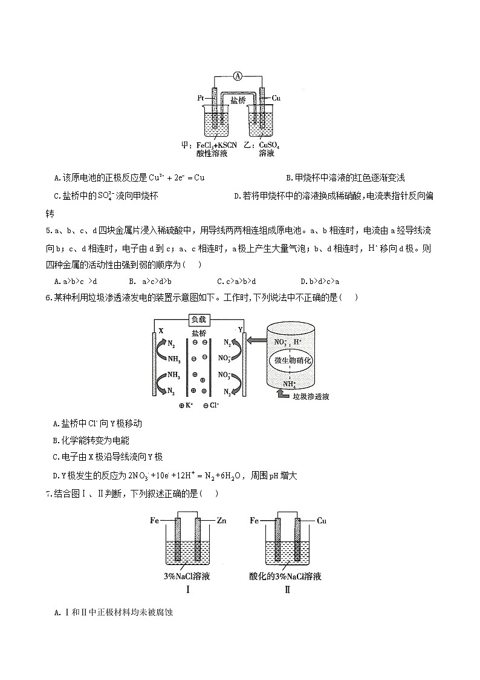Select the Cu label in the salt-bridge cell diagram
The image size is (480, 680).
coord(276,97)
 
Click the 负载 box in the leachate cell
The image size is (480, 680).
coord(201,319)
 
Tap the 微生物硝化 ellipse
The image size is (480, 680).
coord(291,360)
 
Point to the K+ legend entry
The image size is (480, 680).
coord(185,406)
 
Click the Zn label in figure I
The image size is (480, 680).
coord(220,520)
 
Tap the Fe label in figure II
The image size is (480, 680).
coord(255,520)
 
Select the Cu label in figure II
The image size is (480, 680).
coord(322,520)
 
